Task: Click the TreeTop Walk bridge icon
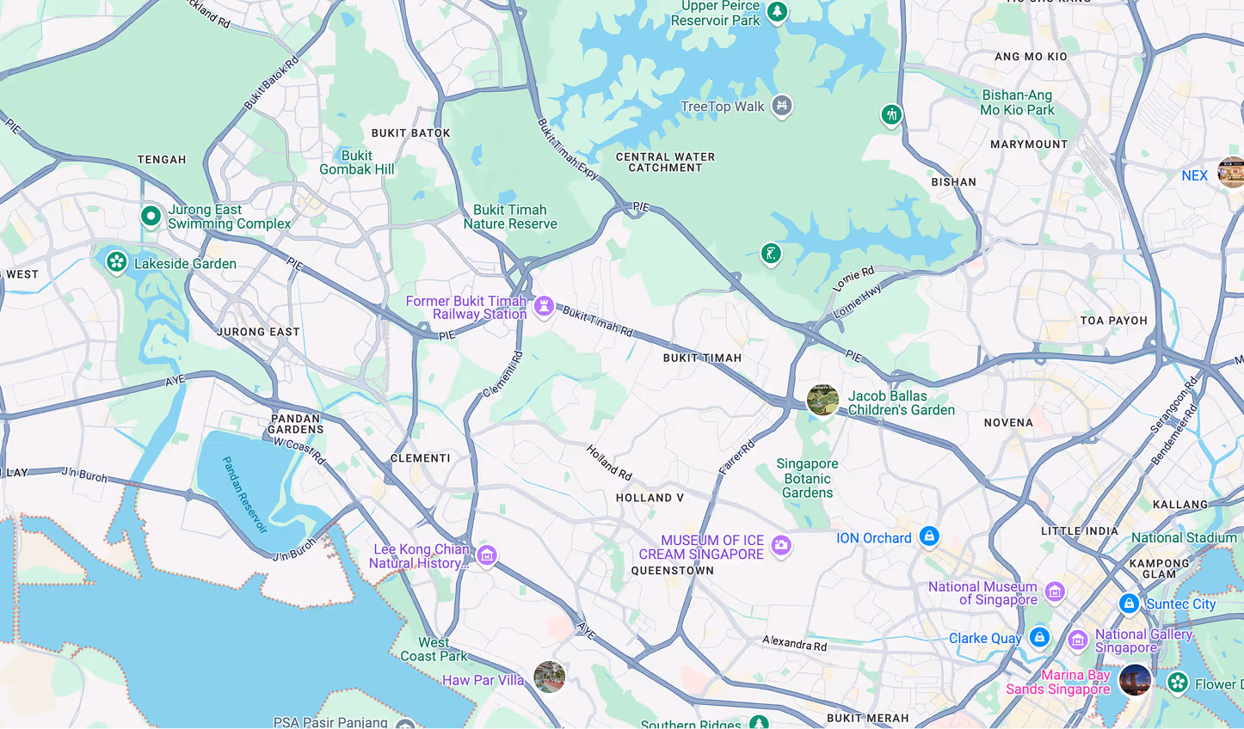[781, 106]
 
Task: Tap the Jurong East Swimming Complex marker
[151, 216]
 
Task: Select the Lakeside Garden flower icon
[116, 261]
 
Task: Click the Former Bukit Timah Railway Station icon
[544, 306]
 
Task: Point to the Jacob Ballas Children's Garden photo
[822, 400]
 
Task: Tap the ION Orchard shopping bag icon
[928, 536]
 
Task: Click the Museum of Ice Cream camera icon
[781, 545]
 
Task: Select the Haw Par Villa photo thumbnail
[549, 677]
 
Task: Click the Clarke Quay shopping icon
[1039, 637]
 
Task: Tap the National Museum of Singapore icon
[1055, 591]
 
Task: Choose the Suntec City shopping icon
[1129, 603]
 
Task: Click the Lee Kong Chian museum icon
[487, 556]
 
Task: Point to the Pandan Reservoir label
[244, 495]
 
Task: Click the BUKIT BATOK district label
[410, 133]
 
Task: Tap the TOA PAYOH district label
[1113, 321]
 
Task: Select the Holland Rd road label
[609, 463]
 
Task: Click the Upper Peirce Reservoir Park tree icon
[777, 12]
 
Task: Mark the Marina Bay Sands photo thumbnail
[1135, 680]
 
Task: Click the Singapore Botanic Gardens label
[807, 478]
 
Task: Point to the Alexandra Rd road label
[794, 643]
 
